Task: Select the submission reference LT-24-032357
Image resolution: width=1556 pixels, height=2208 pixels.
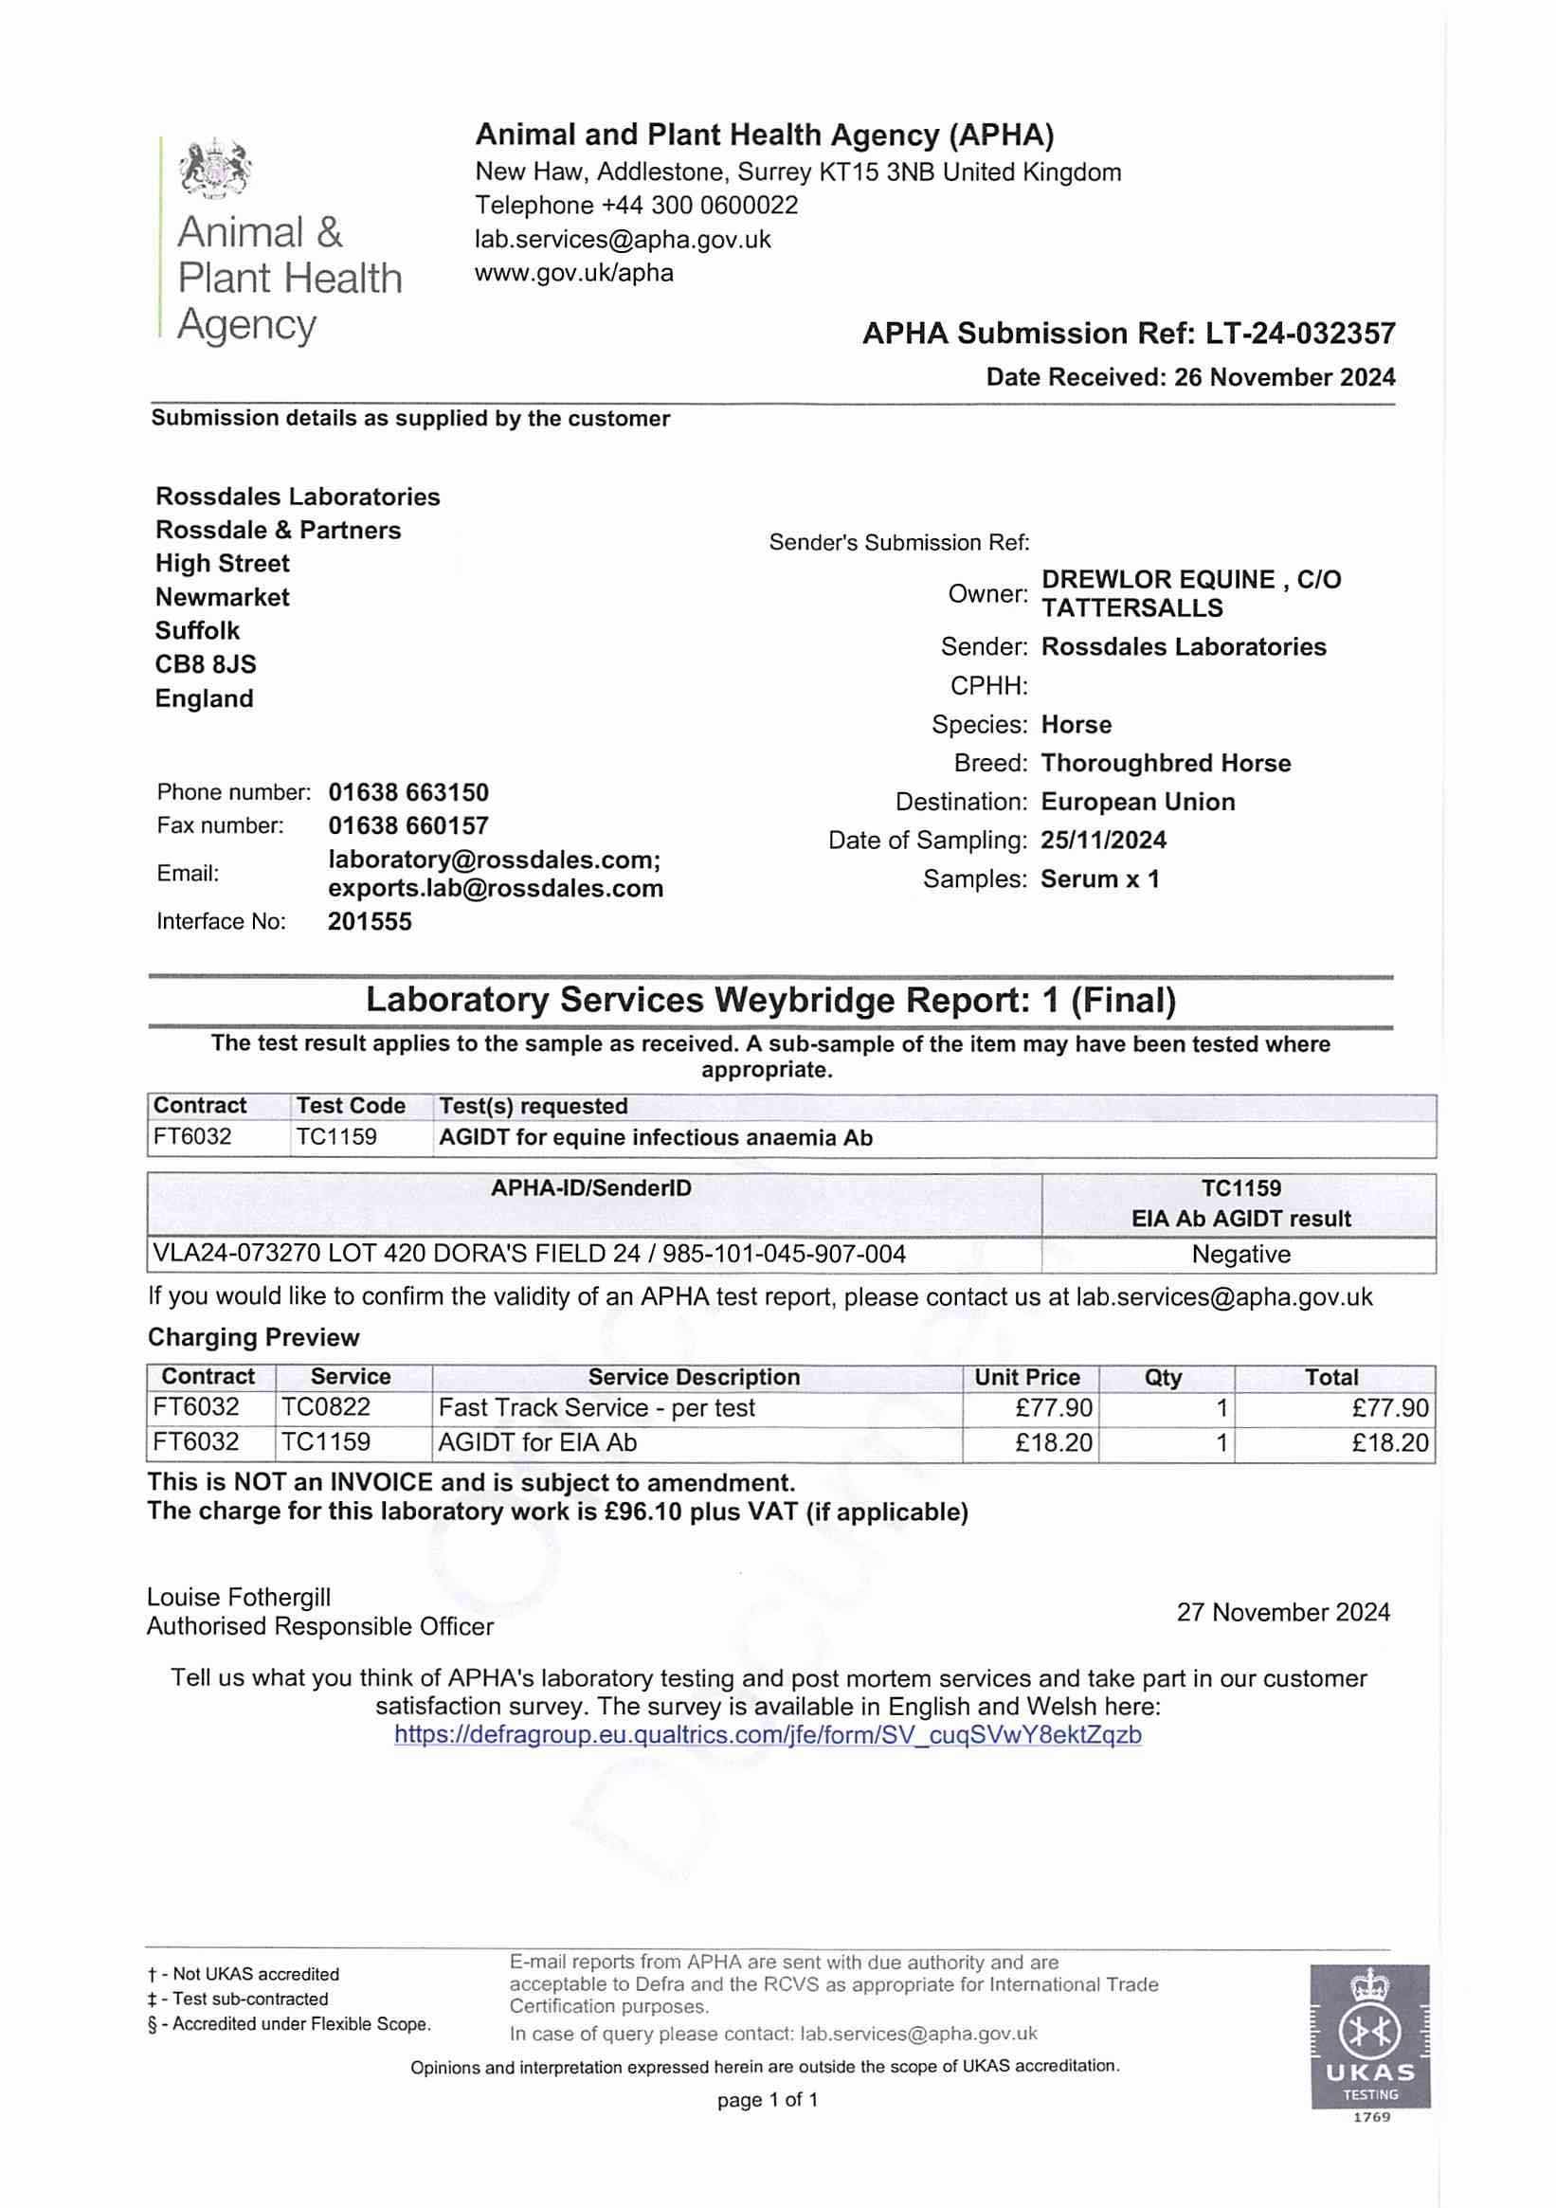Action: click(x=1295, y=334)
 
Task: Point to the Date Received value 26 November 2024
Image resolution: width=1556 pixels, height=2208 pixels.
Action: click(x=1284, y=377)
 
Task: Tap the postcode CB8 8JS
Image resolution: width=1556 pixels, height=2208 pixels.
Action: click(x=206, y=664)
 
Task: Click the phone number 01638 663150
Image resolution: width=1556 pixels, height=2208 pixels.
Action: click(x=407, y=792)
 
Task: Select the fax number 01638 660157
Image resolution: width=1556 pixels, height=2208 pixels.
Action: click(x=407, y=825)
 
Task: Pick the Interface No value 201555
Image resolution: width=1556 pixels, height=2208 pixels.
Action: click(x=370, y=921)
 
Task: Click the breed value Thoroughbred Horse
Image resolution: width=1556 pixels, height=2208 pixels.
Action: click(x=1166, y=764)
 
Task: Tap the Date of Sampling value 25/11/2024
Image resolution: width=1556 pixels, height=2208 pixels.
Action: click(x=1103, y=841)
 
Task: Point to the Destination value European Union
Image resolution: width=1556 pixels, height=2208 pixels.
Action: click(x=1138, y=802)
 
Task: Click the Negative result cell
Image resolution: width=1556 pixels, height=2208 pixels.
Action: click(x=1240, y=1254)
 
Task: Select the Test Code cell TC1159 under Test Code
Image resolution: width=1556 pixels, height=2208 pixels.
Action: click(x=336, y=1137)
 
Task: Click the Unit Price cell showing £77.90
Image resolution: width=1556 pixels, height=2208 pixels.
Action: click(x=1054, y=1408)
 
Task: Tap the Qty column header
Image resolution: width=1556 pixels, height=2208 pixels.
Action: click(x=1163, y=1377)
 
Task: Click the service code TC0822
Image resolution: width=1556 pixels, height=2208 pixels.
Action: click(x=325, y=1408)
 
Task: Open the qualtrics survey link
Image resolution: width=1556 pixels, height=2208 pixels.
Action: click(x=768, y=1735)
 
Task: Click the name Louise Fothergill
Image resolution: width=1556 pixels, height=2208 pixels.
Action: click(x=239, y=1598)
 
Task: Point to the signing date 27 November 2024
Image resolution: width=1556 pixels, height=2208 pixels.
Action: click(x=1283, y=1612)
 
